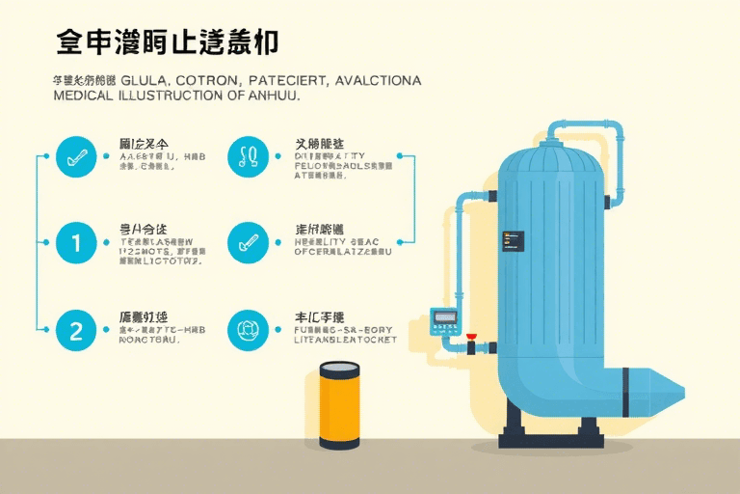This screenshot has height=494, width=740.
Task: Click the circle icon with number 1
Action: coord(77,242)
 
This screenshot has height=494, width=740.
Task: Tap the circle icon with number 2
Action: coord(77,330)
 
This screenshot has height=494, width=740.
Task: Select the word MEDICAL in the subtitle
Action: coord(82,96)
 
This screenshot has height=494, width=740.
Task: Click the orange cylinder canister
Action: coord(339,405)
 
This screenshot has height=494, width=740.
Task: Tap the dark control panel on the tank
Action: coord(513,242)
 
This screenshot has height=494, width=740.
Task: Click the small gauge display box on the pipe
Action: coord(444,317)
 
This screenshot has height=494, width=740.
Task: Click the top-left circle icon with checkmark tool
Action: coord(77,155)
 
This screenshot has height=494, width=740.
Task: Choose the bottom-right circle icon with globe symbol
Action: coord(248,330)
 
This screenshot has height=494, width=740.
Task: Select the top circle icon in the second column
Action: coord(248,155)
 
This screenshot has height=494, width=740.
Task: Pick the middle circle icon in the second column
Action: coord(248,242)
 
